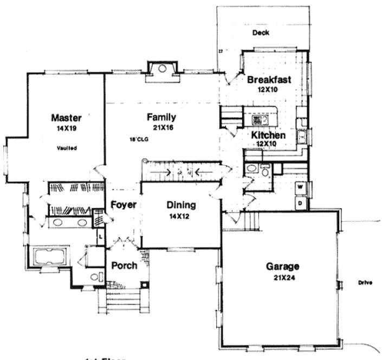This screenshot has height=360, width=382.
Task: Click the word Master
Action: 66,117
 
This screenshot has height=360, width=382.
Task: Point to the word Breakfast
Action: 269,80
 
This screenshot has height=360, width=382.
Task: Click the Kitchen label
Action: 268,135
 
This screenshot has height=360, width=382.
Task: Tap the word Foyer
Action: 123,205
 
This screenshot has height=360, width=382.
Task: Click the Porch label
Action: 124,266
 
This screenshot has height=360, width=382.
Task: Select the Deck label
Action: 261,33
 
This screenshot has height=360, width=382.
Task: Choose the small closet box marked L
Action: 100,236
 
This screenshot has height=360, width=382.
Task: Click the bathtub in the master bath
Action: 49,256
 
